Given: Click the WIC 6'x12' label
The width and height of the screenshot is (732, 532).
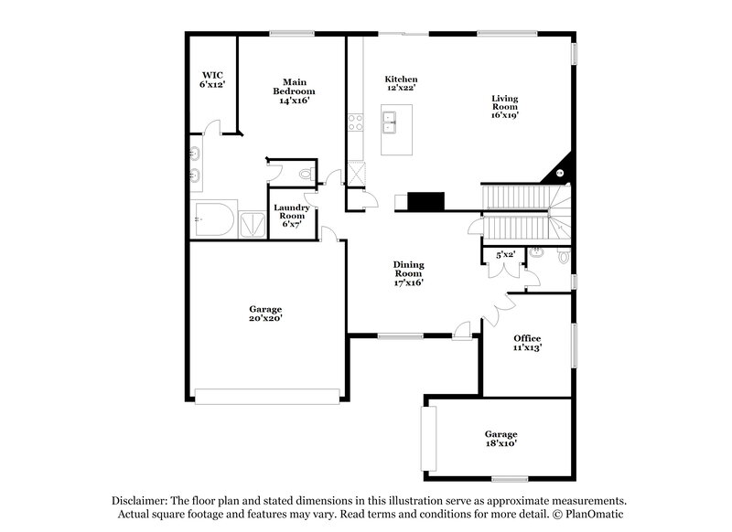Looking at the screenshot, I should (x=212, y=79).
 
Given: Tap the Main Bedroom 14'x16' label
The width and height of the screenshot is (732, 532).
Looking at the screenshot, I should (x=294, y=90).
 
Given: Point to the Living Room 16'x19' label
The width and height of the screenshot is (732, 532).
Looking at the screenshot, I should (x=504, y=107).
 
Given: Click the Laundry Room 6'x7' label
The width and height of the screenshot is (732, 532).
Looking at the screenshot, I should (x=291, y=216).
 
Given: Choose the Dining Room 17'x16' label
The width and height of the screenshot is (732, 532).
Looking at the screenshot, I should (x=408, y=273).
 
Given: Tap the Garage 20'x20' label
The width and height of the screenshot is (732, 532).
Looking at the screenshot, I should (x=265, y=314).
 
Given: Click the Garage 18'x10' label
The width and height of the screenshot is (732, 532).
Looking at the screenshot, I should (x=501, y=439).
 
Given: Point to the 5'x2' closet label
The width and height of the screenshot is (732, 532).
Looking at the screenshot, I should (x=505, y=254).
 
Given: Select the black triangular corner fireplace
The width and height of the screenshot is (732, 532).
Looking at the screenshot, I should (x=559, y=171).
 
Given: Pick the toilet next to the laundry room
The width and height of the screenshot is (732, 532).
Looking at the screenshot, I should (x=306, y=174).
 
